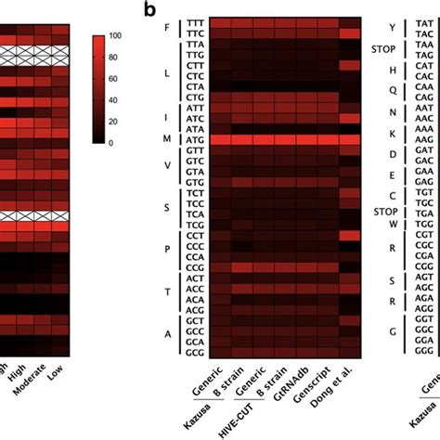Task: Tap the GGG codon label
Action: coord(426,328)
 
